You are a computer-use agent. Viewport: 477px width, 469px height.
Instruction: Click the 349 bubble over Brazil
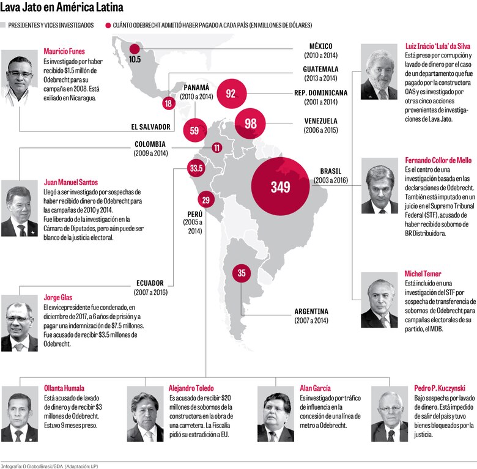tap(281, 187)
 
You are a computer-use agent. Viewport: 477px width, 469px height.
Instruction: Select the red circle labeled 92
tap(231, 94)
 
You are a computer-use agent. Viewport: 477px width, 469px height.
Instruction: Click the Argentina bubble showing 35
tap(242, 273)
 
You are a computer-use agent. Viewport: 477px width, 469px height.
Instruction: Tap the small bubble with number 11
tap(217, 147)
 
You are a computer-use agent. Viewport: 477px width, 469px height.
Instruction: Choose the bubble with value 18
tap(168, 103)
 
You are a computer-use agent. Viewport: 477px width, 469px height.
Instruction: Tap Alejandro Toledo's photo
tap(146, 414)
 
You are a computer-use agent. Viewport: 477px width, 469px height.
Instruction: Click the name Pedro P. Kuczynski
tap(439, 388)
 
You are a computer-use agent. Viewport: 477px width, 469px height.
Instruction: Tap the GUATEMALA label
tap(320, 69)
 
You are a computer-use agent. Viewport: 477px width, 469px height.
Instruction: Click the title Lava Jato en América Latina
tap(62, 8)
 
